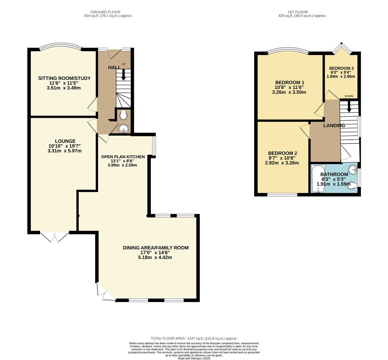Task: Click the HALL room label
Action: pyautogui.click(x=114, y=67)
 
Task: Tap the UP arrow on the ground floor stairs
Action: pyautogui.click(x=123, y=75)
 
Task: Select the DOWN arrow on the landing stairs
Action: pyautogui.click(x=349, y=107)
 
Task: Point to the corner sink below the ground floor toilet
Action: pyautogui.click(x=123, y=129)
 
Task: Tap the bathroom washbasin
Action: pyautogui.click(x=353, y=170)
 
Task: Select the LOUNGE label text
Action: pyautogui.click(x=65, y=141)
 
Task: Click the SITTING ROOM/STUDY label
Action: pyautogui.click(x=64, y=78)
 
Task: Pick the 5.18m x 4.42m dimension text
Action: pyautogui.click(x=155, y=257)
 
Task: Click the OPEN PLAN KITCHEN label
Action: pyautogui.click(x=123, y=157)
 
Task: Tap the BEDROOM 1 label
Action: pyautogui.click(x=290, y=83)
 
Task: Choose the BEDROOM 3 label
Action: pyautogui.click(x=341, y=68)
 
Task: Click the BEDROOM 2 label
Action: pyautogui.click(x=283, y=153)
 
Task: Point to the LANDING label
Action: pyautogui.click(x=334, y=126)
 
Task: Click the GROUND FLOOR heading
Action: pyautogui.click(x=105, y=12)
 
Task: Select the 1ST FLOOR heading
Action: pyautogui.click(x=298, y=12)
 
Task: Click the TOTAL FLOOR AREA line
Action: pyautogui.click(x=194, y=338)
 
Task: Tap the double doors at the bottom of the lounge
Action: pyautogui.click(x=54, y=237)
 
